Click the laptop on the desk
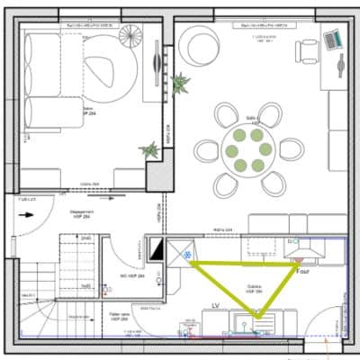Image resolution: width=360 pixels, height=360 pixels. tap(332, 38)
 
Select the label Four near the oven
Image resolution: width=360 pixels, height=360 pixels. tap(303, 269)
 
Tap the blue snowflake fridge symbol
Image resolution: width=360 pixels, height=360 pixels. tap(187, 256)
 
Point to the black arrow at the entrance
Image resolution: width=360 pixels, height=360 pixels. tap(32, 215)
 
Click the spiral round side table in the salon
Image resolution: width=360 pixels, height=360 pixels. tap(130, 37)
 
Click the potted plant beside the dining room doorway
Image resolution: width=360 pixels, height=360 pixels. tap(184, 84)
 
